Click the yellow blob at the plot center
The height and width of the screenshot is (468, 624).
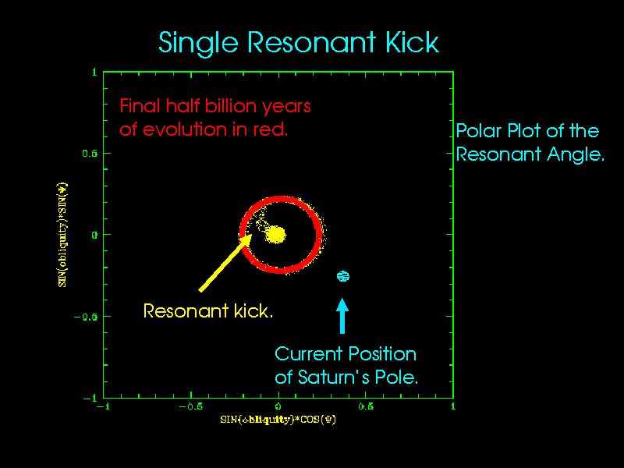278,234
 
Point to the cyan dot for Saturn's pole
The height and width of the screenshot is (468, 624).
342,275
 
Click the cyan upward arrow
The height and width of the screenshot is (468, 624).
342,313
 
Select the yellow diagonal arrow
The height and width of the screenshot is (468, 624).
225,262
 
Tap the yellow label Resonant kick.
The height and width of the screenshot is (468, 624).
209,312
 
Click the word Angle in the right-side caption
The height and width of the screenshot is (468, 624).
573,154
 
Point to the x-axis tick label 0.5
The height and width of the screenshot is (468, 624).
365,407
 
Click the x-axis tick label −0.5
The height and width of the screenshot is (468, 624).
190,407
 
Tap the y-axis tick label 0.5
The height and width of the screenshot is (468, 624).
90,153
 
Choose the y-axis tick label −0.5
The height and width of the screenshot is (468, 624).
86,317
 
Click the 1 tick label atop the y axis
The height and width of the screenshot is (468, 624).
94,72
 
